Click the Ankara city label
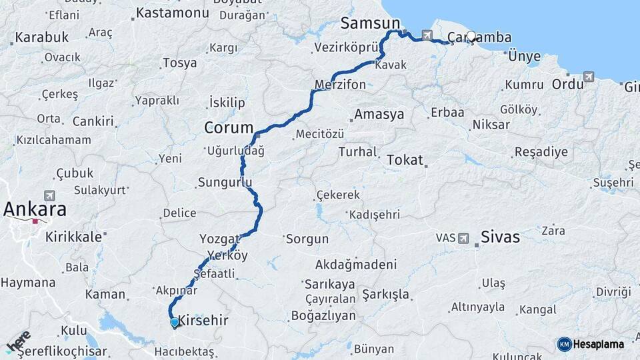coord(35,209)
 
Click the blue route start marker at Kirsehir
coord(174,323)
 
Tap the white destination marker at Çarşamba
coord(471,37)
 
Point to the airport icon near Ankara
coord(49,195)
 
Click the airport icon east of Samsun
coord(427,35)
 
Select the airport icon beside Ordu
coord(589,77)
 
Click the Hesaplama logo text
coord(599,344)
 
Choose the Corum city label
coord(229,127)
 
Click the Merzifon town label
coord(340,85)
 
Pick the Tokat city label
coord(405,160)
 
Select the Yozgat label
coord(219,238)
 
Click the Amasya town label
coord(379,114)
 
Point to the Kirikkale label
coord(73,237)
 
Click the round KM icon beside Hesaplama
coord(564,344)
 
